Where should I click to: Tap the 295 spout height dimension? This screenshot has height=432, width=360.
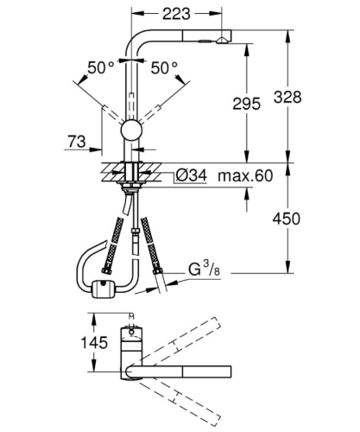tap(246, 104)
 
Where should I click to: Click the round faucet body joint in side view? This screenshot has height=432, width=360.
tap(130, 131)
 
